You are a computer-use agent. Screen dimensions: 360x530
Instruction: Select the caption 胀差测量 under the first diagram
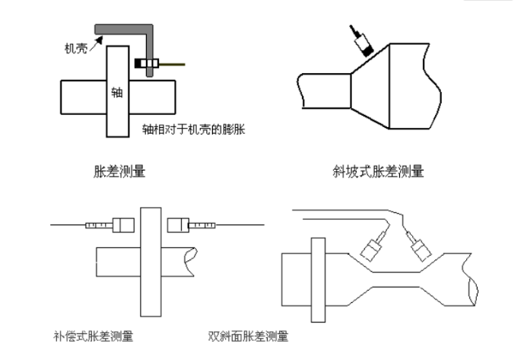point(116,172)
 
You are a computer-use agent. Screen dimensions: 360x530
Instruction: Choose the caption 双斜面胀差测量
point(248,335)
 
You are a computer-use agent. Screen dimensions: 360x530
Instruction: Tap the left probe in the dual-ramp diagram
point(373,247)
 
